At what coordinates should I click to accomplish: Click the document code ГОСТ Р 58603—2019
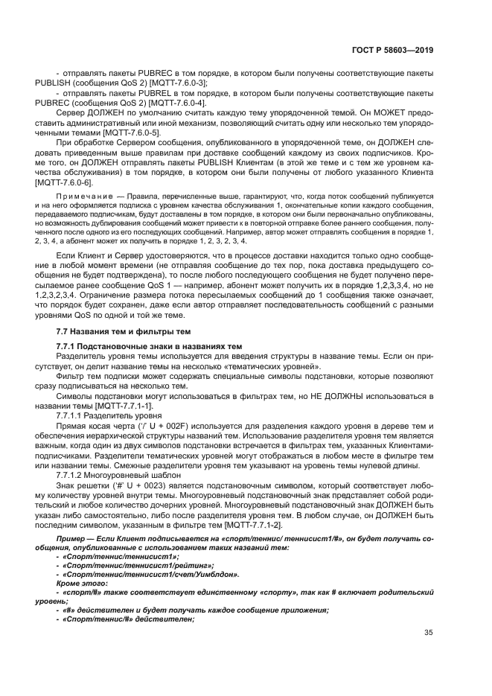(392, 51)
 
